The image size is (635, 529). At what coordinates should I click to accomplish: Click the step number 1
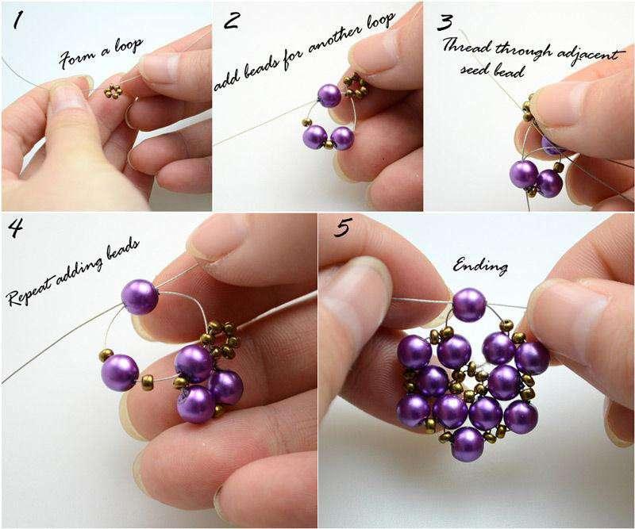tap(17, 21)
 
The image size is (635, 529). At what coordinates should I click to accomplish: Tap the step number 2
tap(231, 21)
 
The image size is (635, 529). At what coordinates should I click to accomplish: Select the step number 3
tap(444, 22)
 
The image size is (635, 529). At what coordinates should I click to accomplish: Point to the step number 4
tap(15, 228)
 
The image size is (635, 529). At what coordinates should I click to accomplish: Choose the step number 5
tap(343, 228)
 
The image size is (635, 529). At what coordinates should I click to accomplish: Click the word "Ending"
tap(480, 266)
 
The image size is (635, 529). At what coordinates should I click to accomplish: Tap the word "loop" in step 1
tap(129, 47)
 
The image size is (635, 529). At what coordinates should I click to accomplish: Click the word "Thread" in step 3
tap(466, 45)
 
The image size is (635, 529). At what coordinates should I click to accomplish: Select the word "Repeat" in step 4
tap(29, 290)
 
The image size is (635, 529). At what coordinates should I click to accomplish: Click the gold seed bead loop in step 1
tap(114, 91)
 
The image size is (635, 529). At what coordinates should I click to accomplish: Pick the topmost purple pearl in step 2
tap(329, 95)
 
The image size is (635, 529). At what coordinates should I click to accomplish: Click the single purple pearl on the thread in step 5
tap(468, 305)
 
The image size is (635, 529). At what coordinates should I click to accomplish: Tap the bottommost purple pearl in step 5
tap(468, 444)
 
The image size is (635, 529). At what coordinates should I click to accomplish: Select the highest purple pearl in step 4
tap(140, 297)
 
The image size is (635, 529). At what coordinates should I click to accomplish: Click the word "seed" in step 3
tap(471, 69)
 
